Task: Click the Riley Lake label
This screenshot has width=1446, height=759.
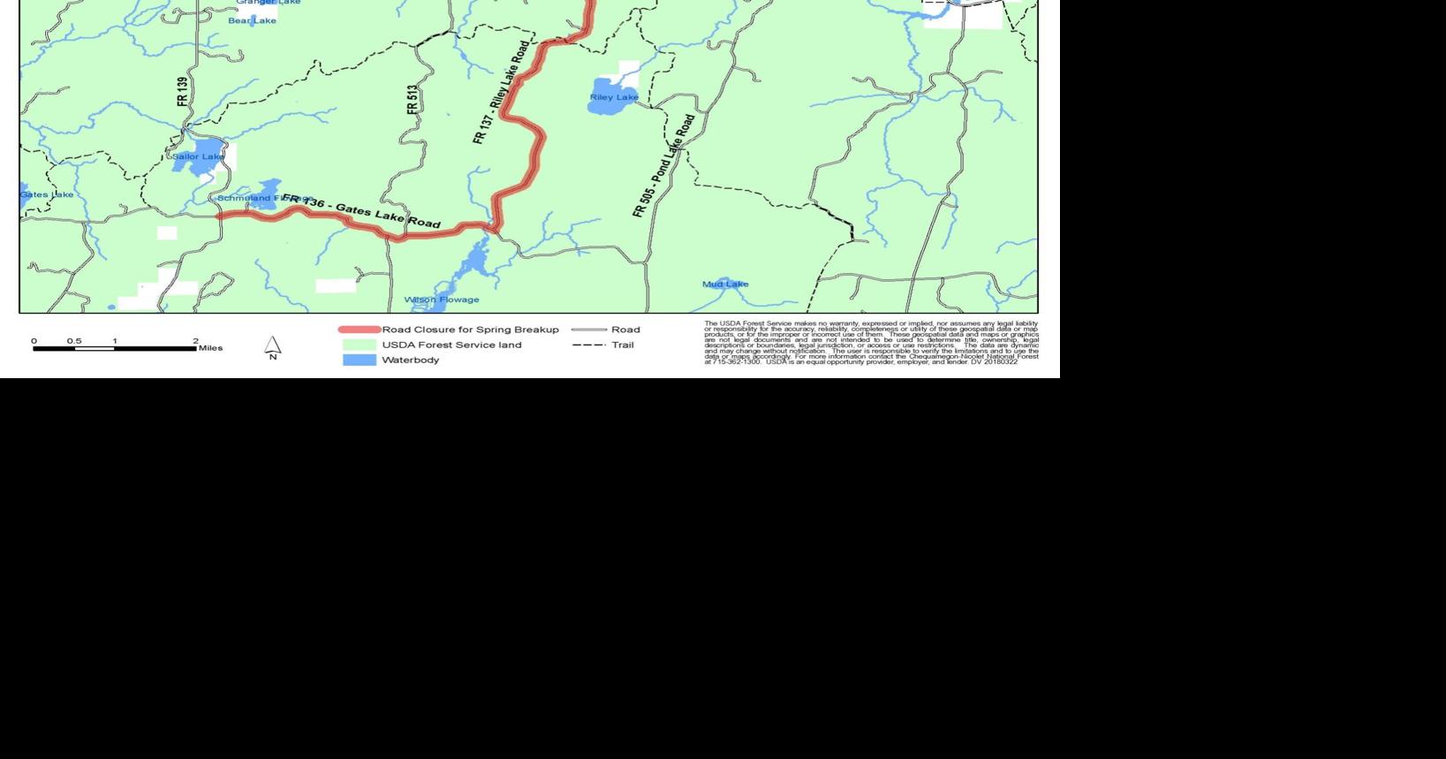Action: pos(614,97)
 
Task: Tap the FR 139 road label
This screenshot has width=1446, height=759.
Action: pos(183,92)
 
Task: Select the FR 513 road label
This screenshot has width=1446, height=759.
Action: pos(413,100)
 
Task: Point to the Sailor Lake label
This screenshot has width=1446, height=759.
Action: pos(198,156)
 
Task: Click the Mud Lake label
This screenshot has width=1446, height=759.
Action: pos(725,284)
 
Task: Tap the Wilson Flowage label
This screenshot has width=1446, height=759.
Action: pos(442,300)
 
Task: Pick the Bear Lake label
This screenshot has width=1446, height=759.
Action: pos(252,20)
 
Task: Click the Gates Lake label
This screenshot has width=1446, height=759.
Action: pos(47,194)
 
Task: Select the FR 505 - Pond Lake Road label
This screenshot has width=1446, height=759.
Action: pos(664,165)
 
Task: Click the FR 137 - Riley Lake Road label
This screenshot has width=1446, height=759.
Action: pos(502,92)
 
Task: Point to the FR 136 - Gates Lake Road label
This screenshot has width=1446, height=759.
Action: pos(362,211)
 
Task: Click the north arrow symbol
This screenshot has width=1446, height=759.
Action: pos(273,346)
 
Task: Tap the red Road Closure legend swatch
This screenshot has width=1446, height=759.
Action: pos(359,330)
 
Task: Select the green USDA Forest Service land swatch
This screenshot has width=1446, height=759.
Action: pos(359,345)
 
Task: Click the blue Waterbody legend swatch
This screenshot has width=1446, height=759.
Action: pos(359,360)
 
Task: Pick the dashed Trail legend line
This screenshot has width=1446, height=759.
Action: pos(588,345)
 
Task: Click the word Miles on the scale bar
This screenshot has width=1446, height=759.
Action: pos(210,348)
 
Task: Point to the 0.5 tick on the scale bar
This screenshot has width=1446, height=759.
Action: pos(74,341)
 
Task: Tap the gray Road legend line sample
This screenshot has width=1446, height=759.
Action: pos(588,330)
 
